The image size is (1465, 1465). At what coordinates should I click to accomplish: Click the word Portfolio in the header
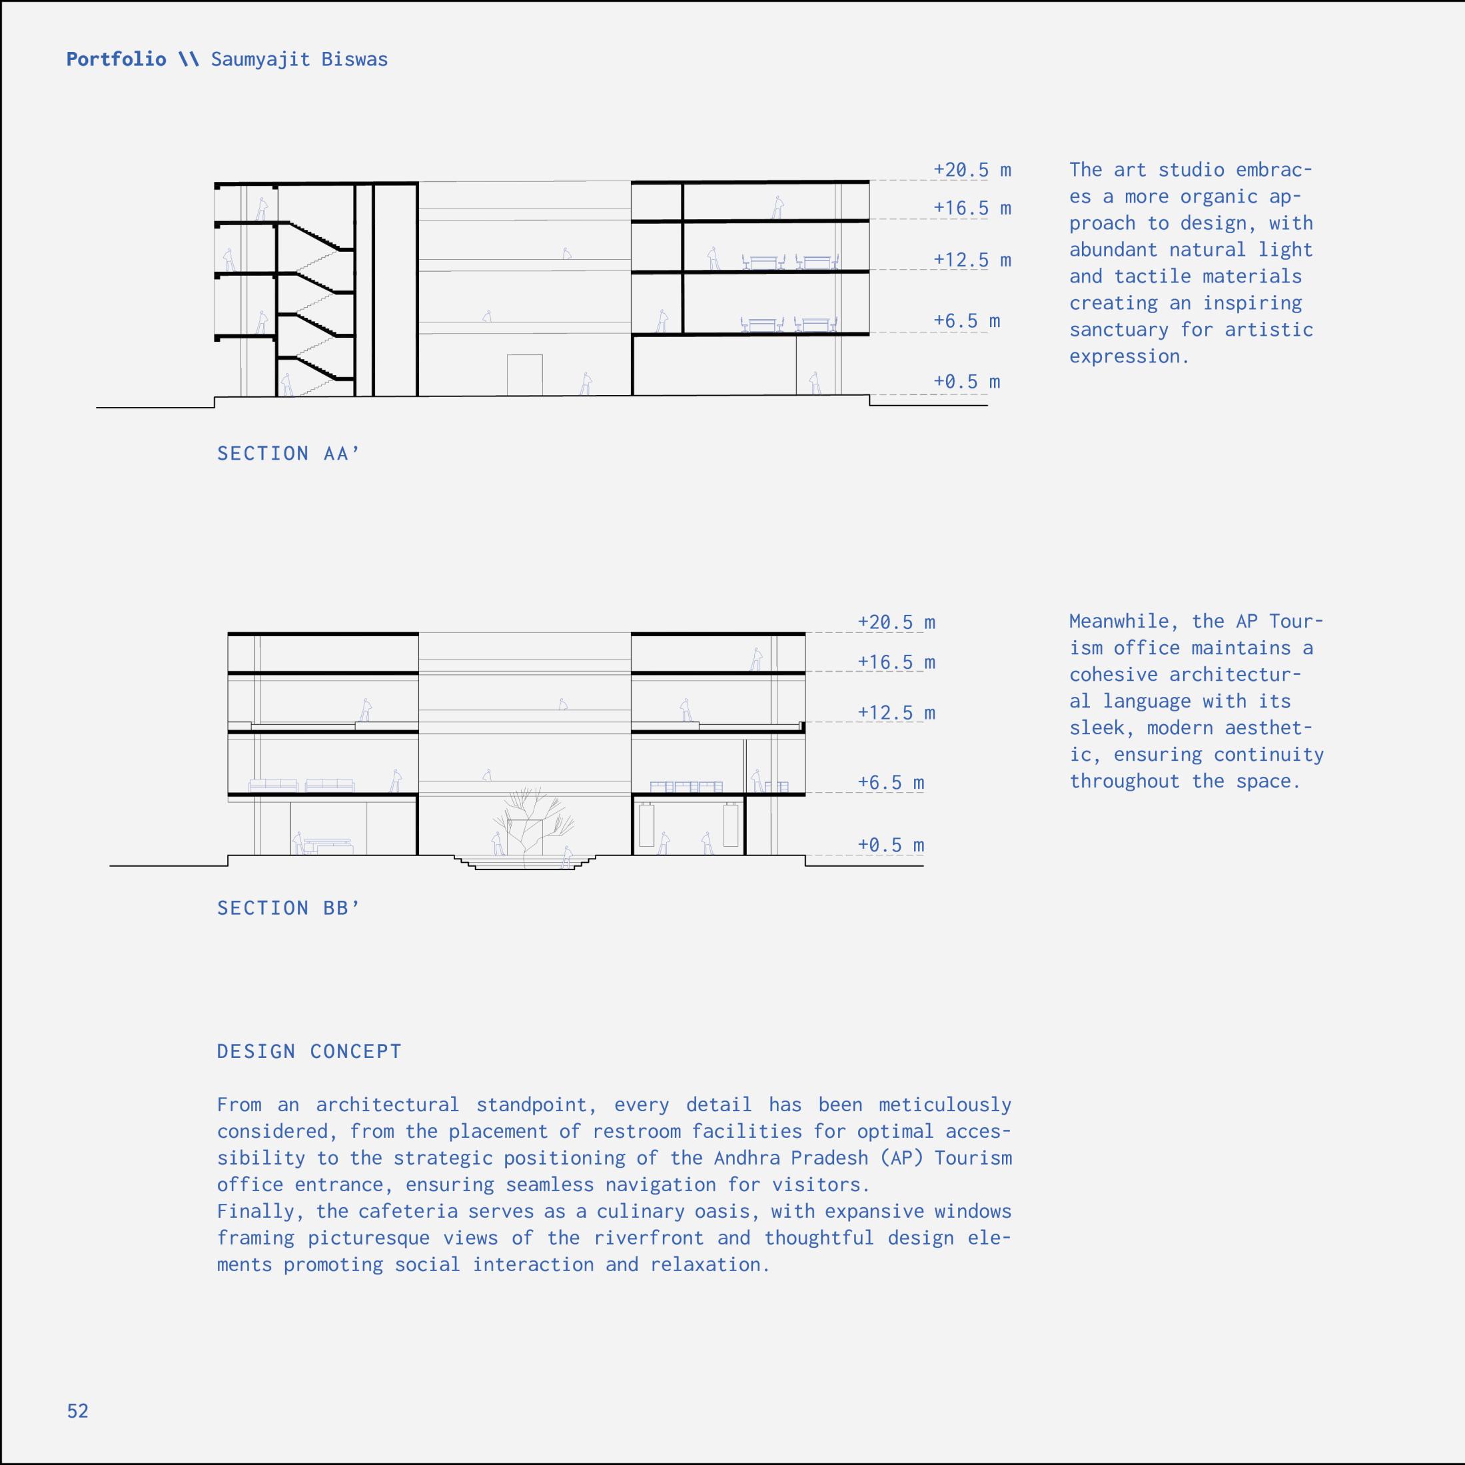(x=116, y=59)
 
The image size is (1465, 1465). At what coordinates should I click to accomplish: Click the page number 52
(x=77, y=1410)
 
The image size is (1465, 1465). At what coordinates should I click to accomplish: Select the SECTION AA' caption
(x=288, y=454)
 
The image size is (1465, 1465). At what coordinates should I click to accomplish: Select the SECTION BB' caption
(x=288, y=907)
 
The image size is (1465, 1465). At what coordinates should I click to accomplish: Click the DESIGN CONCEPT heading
(x=309, y=1051)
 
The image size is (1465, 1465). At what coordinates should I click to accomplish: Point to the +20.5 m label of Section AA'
(x=972, y=170)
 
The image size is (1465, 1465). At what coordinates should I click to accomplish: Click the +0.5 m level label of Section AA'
(x=966, y=382)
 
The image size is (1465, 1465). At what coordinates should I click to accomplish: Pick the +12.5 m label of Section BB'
(x=896, y=713)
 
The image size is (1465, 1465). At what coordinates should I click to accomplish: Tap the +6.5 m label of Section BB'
(x=890, y=783)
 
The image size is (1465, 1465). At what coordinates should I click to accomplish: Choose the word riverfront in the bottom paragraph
(x=649, y=1238)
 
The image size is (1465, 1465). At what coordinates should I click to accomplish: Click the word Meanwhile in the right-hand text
(x=1119, y=622)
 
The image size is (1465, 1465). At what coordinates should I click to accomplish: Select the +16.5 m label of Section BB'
(x=896, y=663)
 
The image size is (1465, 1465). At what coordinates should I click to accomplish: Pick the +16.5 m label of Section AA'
(x=972, y=209)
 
